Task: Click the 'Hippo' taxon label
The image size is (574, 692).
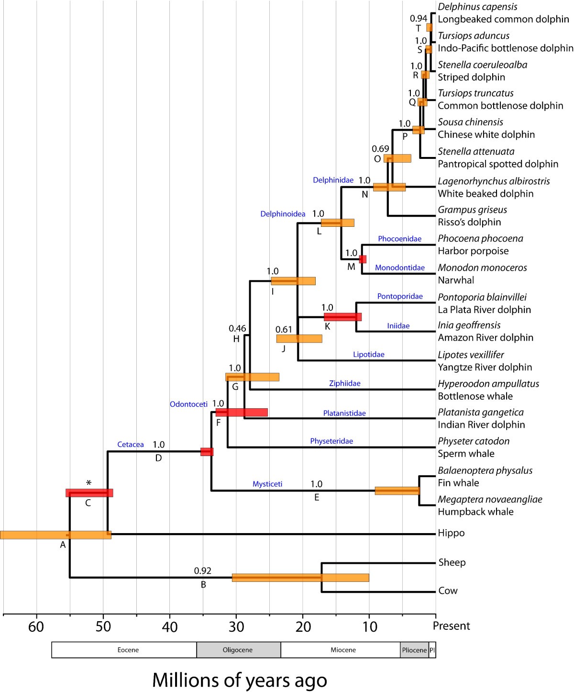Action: pyautogui.click(x=451, y=533)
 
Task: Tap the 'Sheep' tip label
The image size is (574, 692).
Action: pyautogui.click(x=452, y=562)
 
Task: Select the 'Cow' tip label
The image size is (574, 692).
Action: pyautogui.click(x=448, y=591)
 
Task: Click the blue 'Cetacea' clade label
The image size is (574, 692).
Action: pyautogui.click(x=131, y=445)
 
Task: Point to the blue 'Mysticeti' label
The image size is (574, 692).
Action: pyautogui.click(x=267, y=484)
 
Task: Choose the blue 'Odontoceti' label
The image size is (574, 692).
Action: pyautogui.click(x=188, y=404)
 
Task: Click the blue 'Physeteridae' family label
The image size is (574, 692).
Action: pyautogui.click(x=331, y=441)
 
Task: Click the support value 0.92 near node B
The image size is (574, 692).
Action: pyautogui.click(x=202, y=570)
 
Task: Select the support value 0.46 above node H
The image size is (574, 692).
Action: pyautogui.click(x=237, y=328)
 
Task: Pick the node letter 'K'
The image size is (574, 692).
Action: pyautogui.click(x=328, y=327)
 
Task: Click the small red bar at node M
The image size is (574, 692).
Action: pyautogui.click(x=363, y=259)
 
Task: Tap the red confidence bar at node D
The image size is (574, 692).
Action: pyautogui.click(x=207, y=451)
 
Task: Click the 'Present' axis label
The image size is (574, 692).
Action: pyautogui.click(x=452, y=626)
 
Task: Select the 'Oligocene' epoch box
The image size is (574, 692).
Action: pyautogui.click(x=238, y=650)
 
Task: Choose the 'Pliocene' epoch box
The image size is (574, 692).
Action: pyautogui.click(x=414, y=650)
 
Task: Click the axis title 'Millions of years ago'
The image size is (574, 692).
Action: pyautogui.click(x=239, y=680)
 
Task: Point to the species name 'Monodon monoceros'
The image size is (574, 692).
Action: pyautogui.click(x=482, y=268)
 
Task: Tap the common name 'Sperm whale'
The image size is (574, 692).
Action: pyautogui.click(x=466, y=454)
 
